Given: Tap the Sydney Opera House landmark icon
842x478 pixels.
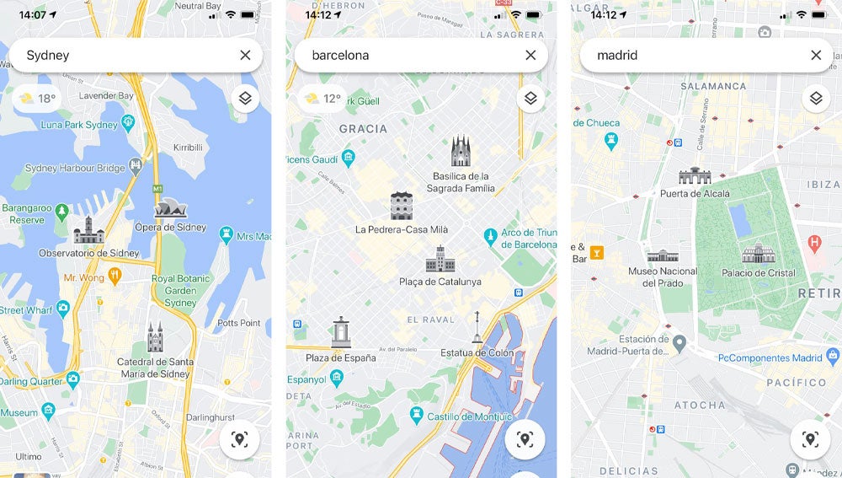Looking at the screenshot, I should (x=170, y=208).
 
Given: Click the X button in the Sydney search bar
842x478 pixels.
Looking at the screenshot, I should (x=245, y=55).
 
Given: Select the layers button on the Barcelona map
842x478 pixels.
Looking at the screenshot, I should (x=530, y=98).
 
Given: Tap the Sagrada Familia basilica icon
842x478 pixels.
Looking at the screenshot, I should (x=461, y=153).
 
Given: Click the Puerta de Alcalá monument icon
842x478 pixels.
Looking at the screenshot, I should (x=695, y=176).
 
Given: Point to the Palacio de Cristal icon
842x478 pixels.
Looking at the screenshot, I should (x=758, y=253).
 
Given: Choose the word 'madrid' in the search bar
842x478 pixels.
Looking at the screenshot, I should (x=617, y=56).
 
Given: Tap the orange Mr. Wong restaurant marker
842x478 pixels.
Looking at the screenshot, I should (x=115, y=276).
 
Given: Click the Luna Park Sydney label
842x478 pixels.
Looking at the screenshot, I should (x=79, y=125).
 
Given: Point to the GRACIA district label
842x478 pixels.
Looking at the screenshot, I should (x=363, y=129).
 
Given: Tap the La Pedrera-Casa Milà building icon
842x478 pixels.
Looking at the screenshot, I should (x=402, y=206).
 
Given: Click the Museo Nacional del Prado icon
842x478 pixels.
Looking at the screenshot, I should (x=663, y=255).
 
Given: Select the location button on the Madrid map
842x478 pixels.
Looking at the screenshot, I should (x=810, y=439).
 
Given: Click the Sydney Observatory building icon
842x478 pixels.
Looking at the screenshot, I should (x=88, y=230).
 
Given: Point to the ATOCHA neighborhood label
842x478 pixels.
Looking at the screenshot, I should (x=699, y=405).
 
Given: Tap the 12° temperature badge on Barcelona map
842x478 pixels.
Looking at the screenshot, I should (x=323, y=99).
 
